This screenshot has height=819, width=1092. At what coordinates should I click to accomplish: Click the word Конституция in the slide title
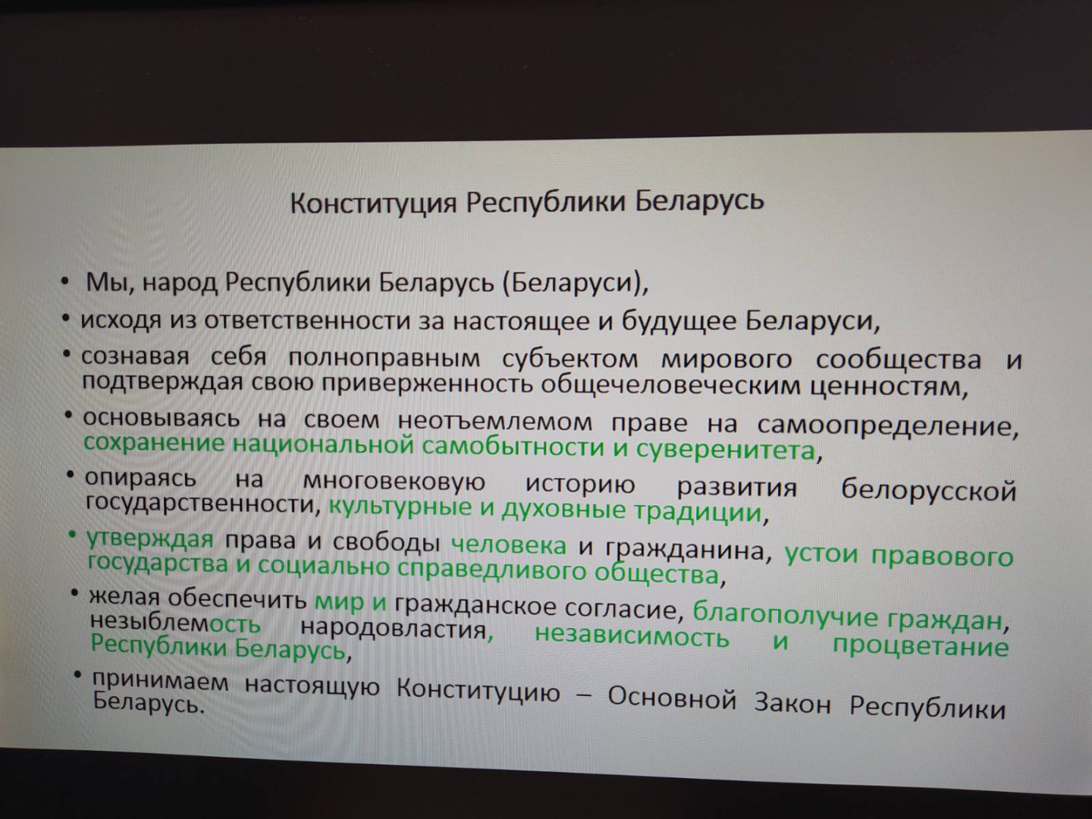coord(373,203)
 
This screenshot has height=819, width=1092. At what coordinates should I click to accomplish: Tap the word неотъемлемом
coord(495,422)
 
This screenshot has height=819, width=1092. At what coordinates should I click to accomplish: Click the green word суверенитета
coord(726,451)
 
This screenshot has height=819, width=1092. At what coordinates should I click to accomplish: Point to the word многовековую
coord(394,483)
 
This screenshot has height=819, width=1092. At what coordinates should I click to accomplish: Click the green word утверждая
coord(149,539)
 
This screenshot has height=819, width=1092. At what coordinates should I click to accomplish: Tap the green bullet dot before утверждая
coord(73,535)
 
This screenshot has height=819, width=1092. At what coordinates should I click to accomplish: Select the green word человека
coord(508,545)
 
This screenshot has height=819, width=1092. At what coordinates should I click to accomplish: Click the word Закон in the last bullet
coord(792,704)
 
